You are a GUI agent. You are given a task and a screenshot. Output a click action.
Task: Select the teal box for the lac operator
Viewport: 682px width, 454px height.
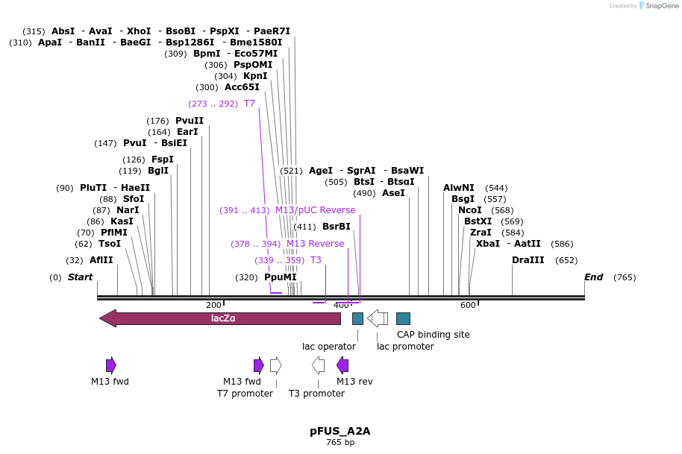tap(357, 318)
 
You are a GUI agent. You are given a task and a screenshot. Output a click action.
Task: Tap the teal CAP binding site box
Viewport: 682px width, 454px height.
tap(403, 318)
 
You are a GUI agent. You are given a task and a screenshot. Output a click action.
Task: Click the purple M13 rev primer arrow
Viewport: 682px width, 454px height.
tap(342, 365)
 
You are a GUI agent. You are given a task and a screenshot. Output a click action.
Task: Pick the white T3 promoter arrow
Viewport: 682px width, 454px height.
tap(318, 365)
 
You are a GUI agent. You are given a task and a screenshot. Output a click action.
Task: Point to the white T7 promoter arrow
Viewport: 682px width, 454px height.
tap(275, 365)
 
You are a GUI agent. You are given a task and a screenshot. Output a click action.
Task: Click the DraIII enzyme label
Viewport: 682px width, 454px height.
tap(528, 260)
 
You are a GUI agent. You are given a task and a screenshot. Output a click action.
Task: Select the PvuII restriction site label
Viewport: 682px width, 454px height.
tap(189, 121)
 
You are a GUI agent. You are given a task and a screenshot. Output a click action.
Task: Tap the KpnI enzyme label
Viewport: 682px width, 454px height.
tap(255, 76)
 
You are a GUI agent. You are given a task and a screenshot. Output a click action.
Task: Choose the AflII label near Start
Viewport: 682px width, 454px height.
tap(101, 260)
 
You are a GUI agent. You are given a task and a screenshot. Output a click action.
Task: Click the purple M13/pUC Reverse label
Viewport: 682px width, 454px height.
tap(315, 210)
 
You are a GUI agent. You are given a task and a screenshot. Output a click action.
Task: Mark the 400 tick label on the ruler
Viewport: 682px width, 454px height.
tap(341, 305)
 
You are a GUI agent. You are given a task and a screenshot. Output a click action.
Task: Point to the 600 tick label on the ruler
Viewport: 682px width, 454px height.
tap(468, 305)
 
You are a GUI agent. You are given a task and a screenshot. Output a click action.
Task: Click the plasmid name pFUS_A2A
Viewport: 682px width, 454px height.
tap(340, 431)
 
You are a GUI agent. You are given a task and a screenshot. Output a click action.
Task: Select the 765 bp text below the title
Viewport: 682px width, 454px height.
tap(340, 443)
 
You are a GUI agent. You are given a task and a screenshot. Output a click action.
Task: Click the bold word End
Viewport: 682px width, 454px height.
tap(593, 277)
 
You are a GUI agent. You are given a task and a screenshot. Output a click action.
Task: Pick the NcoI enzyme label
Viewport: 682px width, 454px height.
tap(470, 210)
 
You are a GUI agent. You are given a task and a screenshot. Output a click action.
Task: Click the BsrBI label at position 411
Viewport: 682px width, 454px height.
tap(336, 227)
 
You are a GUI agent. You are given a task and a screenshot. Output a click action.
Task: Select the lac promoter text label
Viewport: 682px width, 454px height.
tap(405, 346)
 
